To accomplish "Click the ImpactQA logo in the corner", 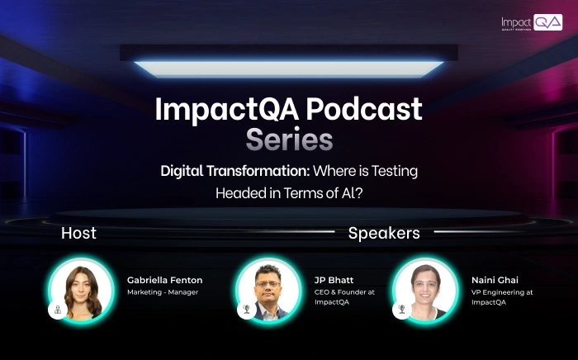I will (531, 23).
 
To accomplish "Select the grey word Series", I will (289, 140).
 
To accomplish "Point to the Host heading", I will (78, 234).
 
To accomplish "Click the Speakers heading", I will (384, 234).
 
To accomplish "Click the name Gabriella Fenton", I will (164, 281).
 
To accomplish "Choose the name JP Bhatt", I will (334, 281).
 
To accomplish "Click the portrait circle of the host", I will (81, 290).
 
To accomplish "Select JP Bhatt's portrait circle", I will (268, 290).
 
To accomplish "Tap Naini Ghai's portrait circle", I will (424, 290).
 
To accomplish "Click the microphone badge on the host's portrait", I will (58, 310).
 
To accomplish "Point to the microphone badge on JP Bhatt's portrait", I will (245, 310).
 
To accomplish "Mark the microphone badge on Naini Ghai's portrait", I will (401, 310).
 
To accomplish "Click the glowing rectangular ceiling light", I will (289, 68).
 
